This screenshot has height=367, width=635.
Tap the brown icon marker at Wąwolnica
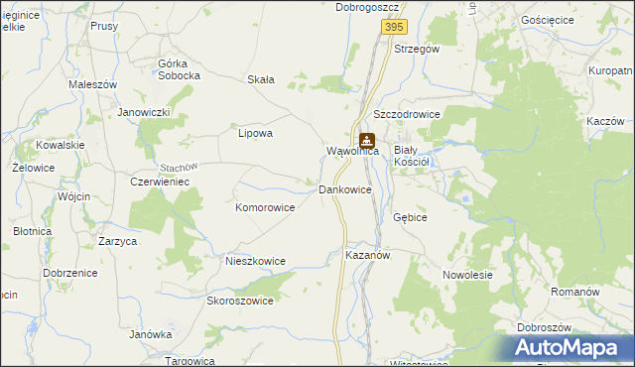click(x=367, y=141)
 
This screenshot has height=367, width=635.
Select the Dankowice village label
click(x=345, y=188)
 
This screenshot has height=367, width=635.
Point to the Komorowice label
click(x=265, y=208)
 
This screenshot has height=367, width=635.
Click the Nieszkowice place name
click(x=256, y=261)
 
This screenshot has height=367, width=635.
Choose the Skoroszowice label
click(x=239, y=301)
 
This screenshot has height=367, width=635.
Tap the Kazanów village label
click(x=367, y=255)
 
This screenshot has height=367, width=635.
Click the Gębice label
click(x=410, y=216)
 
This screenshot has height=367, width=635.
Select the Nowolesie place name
click(x=468, y=276)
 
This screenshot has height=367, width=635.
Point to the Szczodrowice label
click(x=407, y=114)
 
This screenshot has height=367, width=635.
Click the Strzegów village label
click(x=417, y=48)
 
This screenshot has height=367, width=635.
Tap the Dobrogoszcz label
click(x=367, y=7)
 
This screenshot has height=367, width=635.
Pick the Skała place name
click(x=261, y=80)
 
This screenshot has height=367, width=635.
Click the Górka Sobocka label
click(x=180, y=69)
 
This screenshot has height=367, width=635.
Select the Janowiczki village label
click(x=145, y=112)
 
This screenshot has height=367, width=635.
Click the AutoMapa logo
click(x=570, y=348)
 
